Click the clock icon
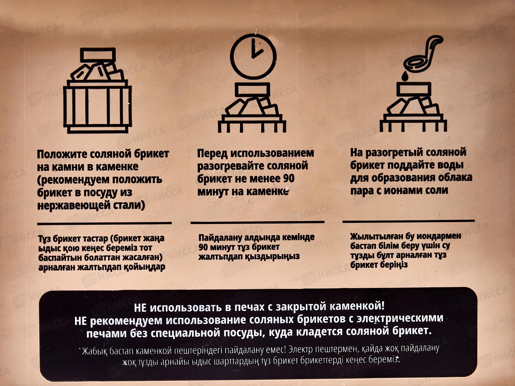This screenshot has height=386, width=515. pos(253,57)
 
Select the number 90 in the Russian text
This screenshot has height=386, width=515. pos(288,178)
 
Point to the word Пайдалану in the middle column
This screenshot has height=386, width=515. pos(220,238)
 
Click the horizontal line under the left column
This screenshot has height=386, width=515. pos(104,223)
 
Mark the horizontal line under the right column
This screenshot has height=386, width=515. pos(408,221)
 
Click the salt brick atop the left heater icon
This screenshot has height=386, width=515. pos(98,55)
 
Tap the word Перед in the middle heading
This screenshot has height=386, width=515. pos(212,153)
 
